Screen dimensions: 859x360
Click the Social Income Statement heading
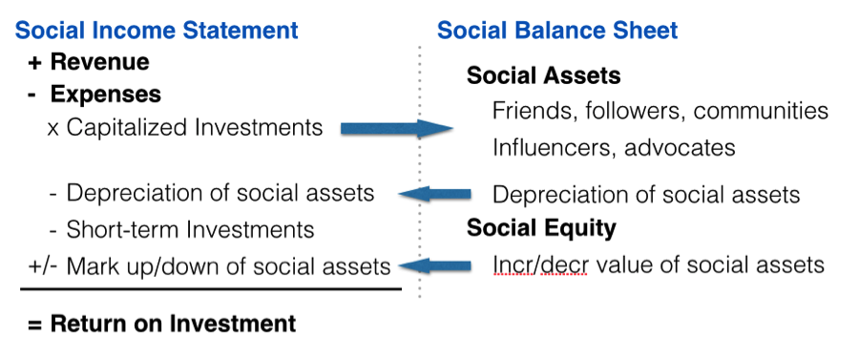click(x=157, y=31)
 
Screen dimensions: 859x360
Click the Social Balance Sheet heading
click(x=557, y=31)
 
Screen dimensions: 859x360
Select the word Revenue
click(x=99, y=62)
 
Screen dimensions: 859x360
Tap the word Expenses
click(x=106, y=95)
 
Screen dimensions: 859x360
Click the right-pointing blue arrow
click(x=397, y=129)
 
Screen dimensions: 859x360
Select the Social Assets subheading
click(x=543, y=76)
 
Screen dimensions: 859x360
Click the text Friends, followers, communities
click(x=660, y=111)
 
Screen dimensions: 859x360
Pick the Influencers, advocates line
click(x=614, y=147)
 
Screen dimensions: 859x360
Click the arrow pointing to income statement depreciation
click(x=434, y=194)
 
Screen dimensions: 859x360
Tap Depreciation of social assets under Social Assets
click(x=646, y=195)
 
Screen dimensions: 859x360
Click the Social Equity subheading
click(x=541, y=228)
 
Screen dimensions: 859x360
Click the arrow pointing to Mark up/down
click(x=434, y=265)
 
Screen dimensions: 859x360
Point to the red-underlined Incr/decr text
click(x=539, y=265)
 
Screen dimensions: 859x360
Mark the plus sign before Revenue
click(x=34, y=62)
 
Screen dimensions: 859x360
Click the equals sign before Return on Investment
click(x=35, y=324)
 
